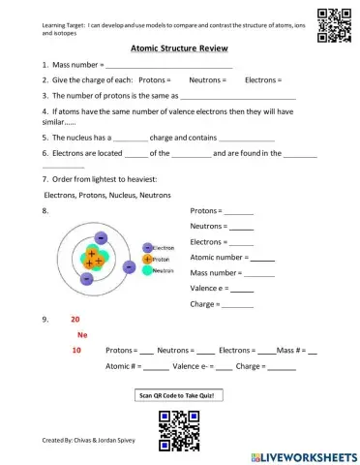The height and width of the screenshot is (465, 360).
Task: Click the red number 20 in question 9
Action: [x=75, y=319]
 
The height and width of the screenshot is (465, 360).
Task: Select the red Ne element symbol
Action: [x=82, y=334]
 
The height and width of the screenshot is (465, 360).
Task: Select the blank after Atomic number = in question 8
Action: [x=262, y=258]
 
